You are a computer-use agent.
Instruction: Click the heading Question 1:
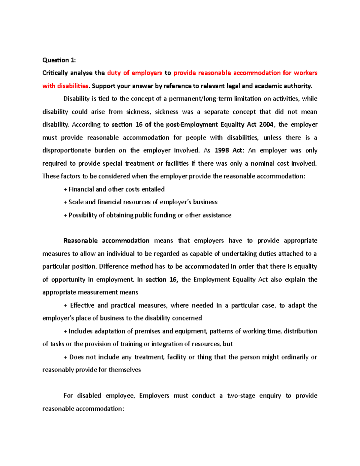(59, 60)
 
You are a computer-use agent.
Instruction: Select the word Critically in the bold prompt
(55, 73)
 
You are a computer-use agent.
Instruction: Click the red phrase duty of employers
(134, 73)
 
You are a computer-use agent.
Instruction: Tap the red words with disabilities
(65, 86)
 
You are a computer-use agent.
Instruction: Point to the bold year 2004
(266, 125)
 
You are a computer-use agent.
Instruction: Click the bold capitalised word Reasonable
(80, 241)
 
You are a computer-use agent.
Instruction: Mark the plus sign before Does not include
(65, 357)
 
